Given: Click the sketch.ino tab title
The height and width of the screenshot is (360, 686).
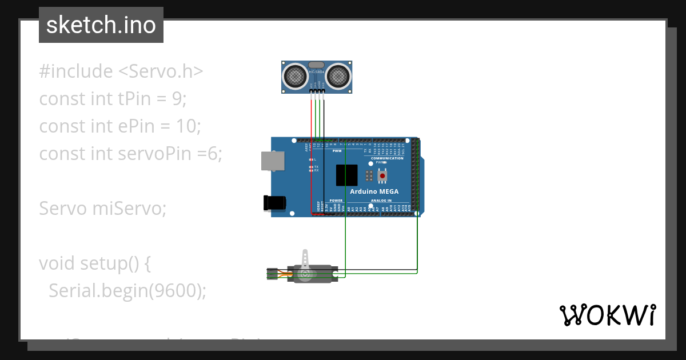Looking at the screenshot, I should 101,25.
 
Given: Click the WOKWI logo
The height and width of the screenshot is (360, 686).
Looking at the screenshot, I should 607,315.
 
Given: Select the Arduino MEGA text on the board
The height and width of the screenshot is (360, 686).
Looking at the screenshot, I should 374,191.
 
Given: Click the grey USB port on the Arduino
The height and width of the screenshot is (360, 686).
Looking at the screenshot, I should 272,161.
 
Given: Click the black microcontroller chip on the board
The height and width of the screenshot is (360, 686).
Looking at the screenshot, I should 347,175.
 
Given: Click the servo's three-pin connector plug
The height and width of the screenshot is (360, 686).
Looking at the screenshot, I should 273,274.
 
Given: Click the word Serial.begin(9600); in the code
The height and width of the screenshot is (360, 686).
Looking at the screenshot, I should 127,291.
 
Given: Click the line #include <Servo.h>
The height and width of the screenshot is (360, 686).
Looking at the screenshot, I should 121,71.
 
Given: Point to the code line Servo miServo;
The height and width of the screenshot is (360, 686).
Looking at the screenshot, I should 102,209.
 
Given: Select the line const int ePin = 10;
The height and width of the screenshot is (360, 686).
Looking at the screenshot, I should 120,126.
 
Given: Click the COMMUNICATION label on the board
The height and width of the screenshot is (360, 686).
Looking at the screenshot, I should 387,158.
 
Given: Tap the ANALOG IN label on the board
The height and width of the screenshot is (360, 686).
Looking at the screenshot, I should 381,201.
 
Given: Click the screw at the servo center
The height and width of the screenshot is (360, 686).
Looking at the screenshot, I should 305,274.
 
